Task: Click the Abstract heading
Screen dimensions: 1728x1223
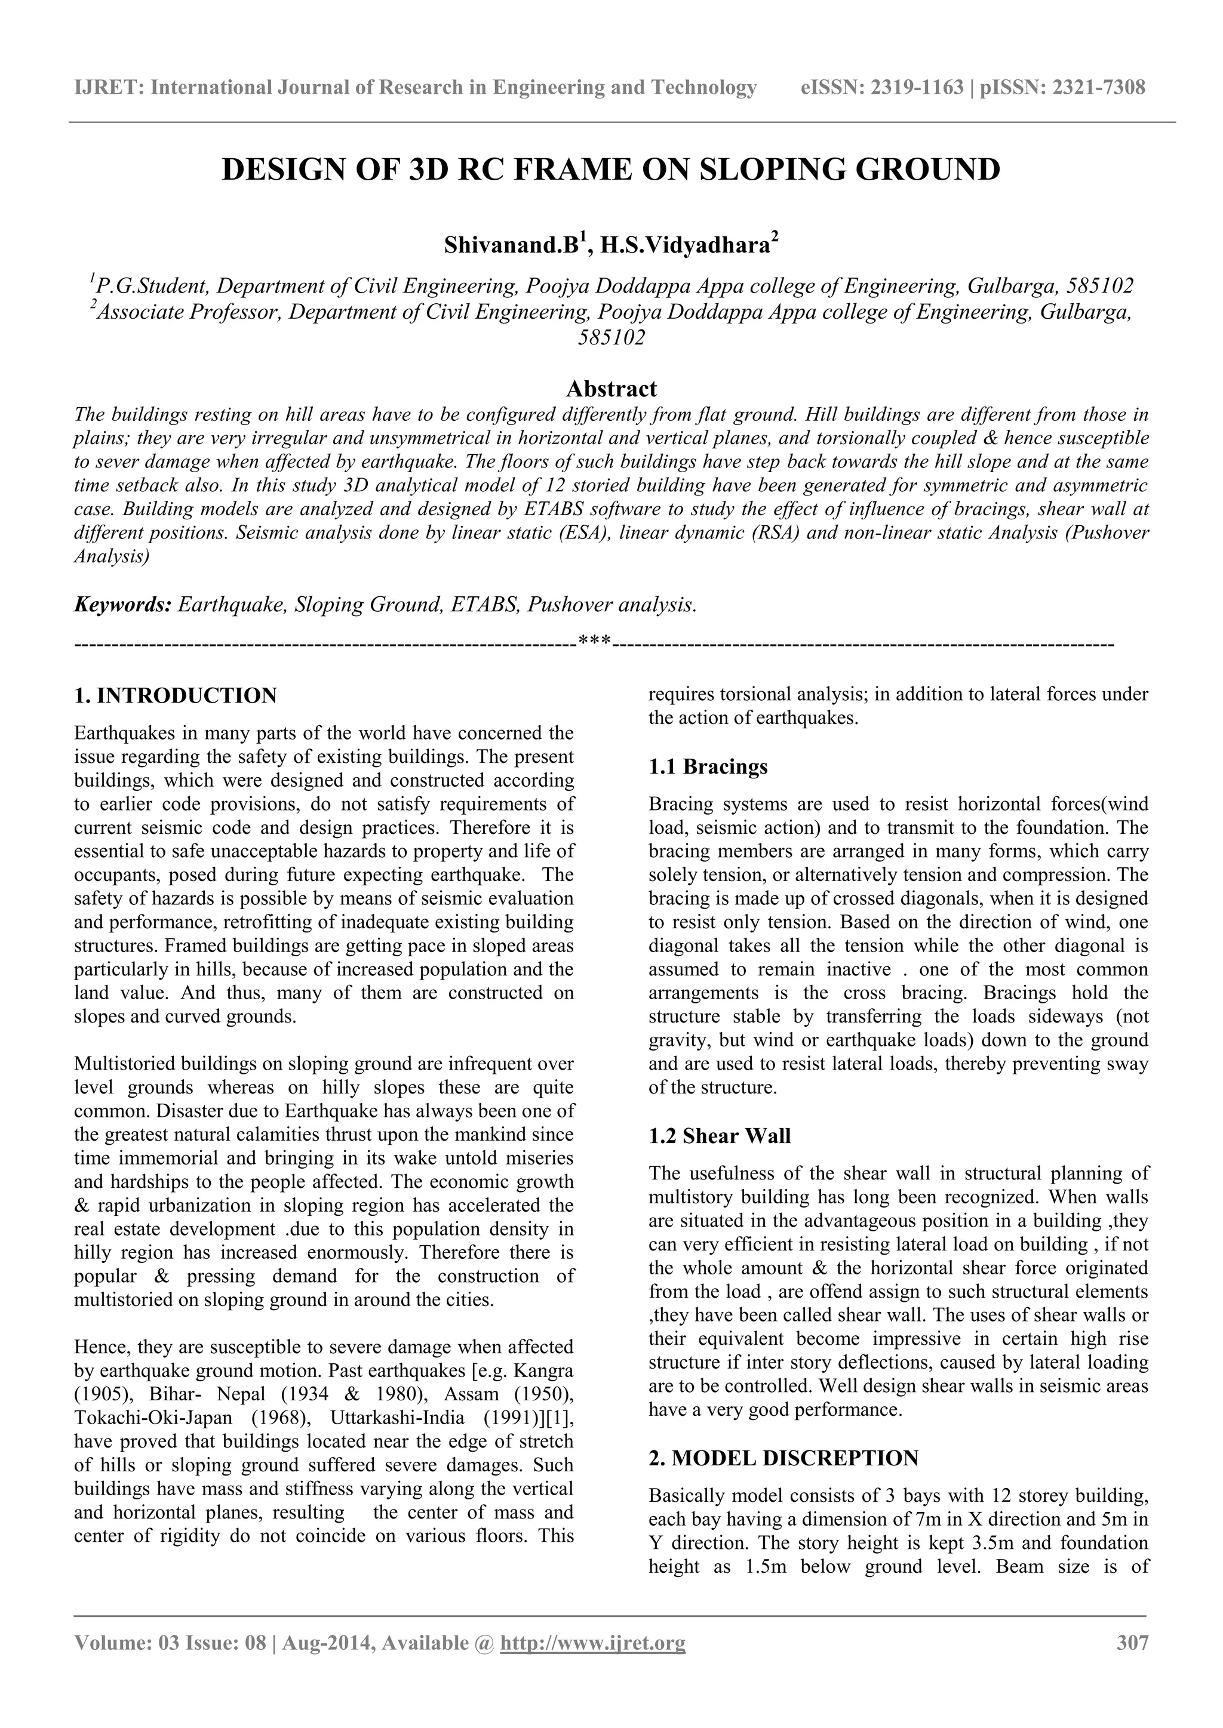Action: coord(611,389)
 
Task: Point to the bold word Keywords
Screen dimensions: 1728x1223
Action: coord(123,605)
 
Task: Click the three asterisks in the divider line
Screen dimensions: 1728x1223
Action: coord(595,643)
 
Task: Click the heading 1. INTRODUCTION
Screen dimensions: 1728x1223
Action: coord(176,695)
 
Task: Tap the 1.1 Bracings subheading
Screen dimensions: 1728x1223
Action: coord(708,767)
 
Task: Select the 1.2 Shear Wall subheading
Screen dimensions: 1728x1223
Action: coord(719,1136)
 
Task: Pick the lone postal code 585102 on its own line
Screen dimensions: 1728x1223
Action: coord(611,338)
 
